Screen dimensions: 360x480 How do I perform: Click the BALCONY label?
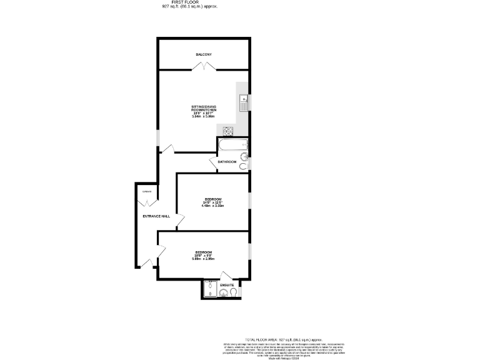(x=203, y=54)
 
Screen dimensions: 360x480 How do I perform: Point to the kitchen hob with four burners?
(x=228, y=131)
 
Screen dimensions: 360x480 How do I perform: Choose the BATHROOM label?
(x=227, y=162)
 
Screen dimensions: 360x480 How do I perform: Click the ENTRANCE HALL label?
(x=156, y=216)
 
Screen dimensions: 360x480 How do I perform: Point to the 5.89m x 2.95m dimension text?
(x=203, y=258)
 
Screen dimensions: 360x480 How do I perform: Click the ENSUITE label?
(x=226, y=285)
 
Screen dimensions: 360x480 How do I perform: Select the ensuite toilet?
(x=234, y=292)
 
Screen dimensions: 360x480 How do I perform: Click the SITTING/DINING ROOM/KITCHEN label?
(x=203, y=109)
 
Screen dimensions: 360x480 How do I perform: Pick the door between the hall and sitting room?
(x=167, y=149)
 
